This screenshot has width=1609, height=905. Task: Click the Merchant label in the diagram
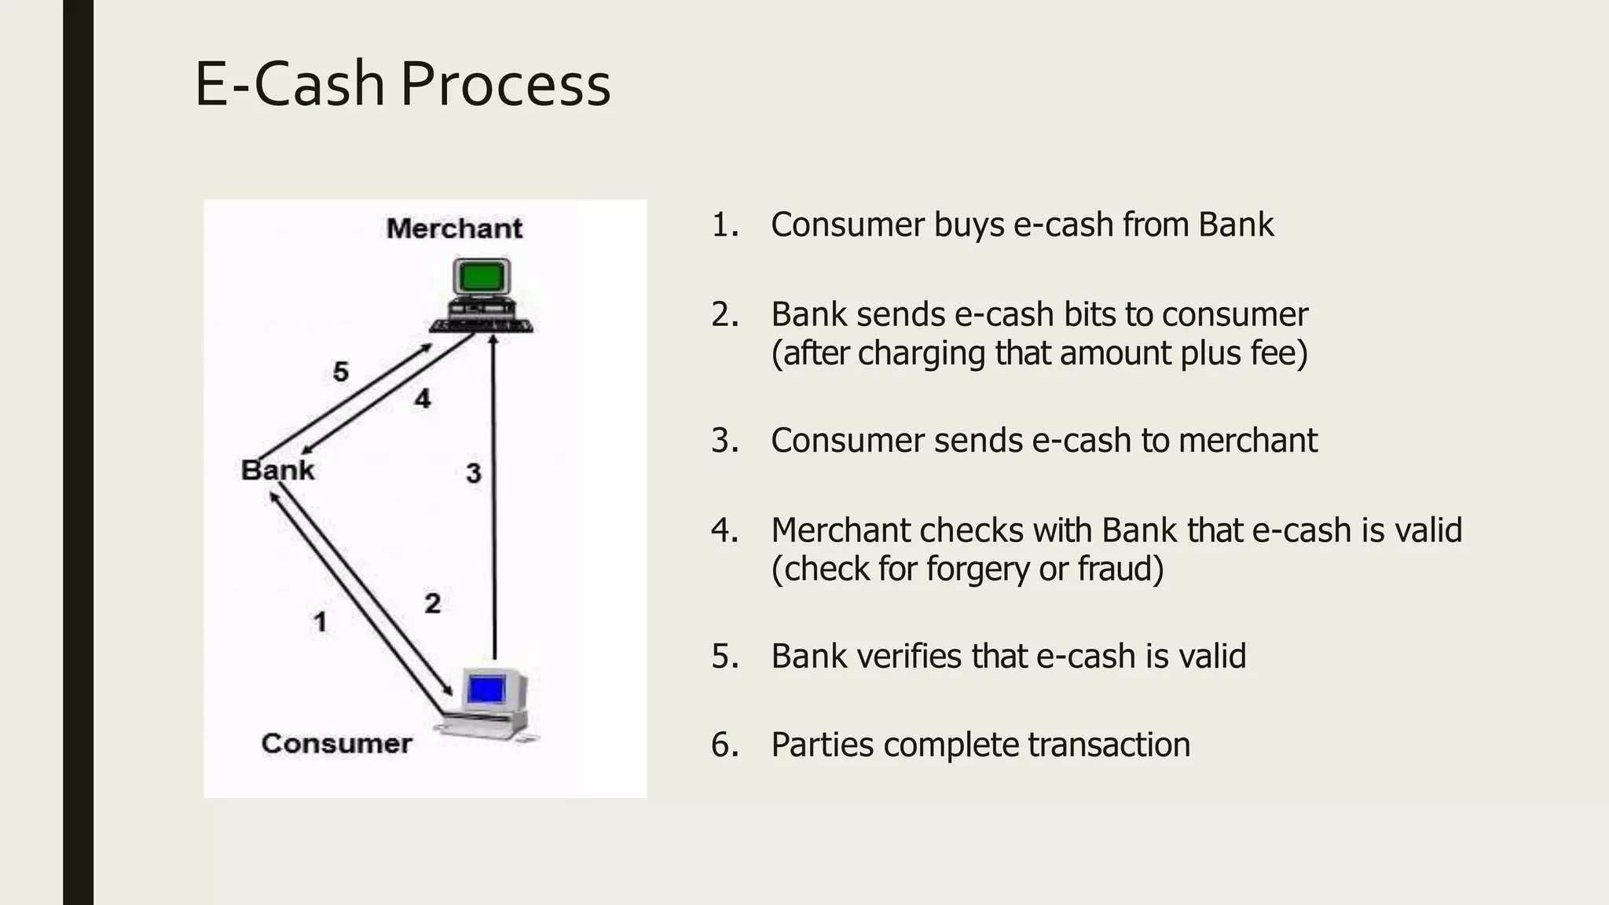tap(454, 229)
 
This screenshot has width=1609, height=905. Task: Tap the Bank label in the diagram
tap(277, 470)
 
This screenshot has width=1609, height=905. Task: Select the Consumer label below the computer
tap(336, 743)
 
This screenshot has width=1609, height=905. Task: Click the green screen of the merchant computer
tap(482, 277)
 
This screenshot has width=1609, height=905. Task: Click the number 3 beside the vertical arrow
tap(473, 473)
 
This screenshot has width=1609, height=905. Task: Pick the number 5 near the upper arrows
tap(340, 371)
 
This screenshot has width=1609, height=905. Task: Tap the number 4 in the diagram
tap(423, 398)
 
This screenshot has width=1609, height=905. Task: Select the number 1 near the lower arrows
tap(320, 621)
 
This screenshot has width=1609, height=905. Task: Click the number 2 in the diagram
tap(432, 603)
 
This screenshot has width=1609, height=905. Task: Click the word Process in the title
tap(505, 84)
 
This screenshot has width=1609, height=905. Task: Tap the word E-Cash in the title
tap(289, 84)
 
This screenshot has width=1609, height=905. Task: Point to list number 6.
tap(724, 745)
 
